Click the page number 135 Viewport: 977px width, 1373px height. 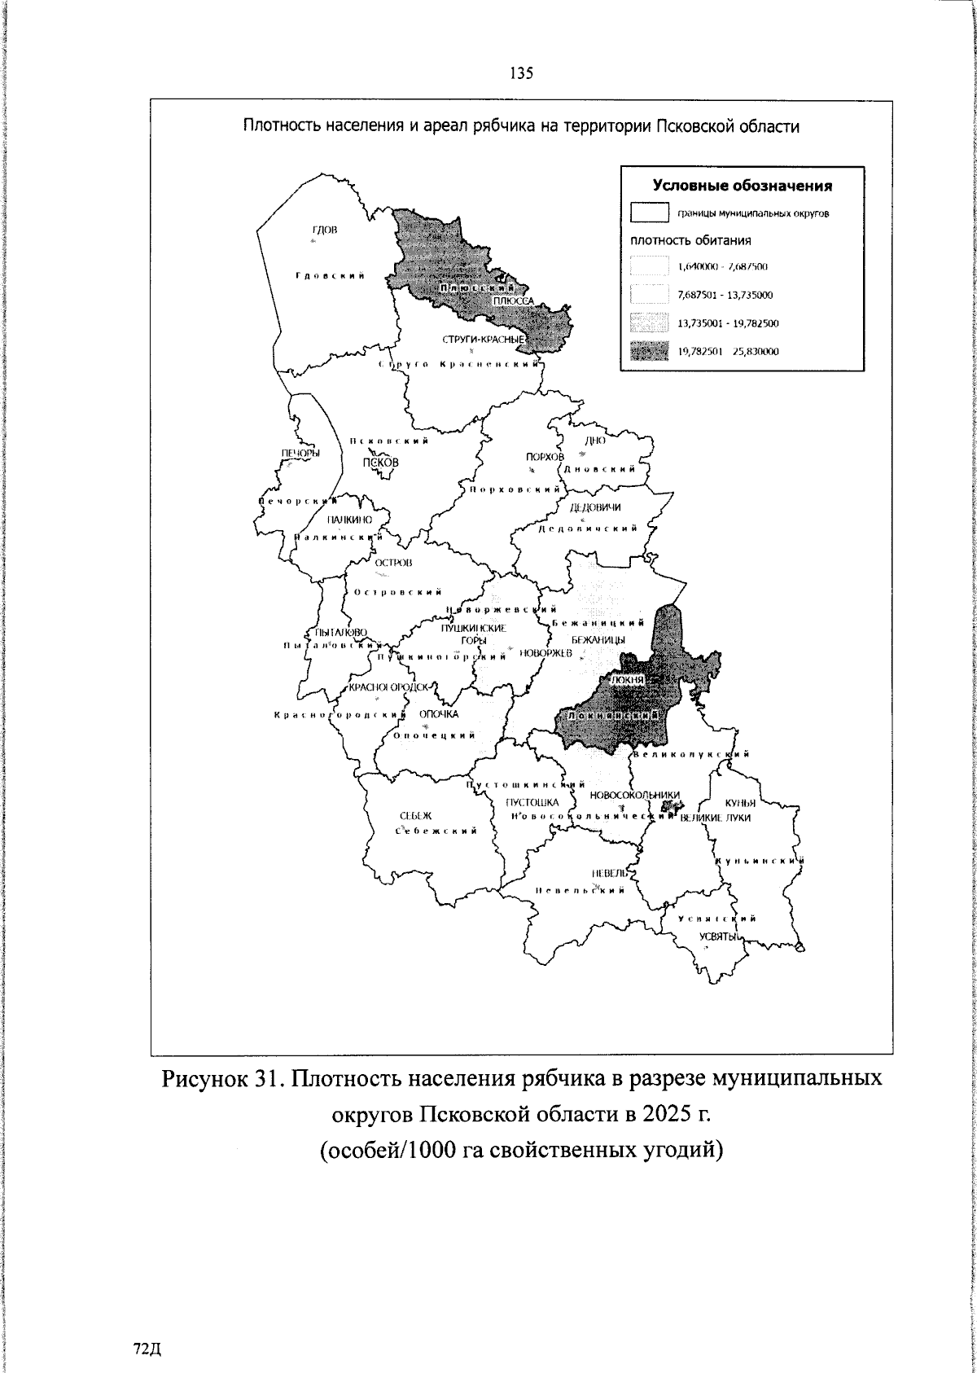click(521, 73)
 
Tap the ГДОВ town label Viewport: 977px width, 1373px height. click(324, 230)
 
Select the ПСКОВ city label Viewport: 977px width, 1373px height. click(381, 462)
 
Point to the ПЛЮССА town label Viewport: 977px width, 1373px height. click(513, 300)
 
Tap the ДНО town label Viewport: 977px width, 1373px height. click(595, 441)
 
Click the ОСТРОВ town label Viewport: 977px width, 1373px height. click(393, 564)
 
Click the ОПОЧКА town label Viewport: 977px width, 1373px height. click(439, 714)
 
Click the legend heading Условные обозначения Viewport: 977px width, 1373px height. click(743, 186)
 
